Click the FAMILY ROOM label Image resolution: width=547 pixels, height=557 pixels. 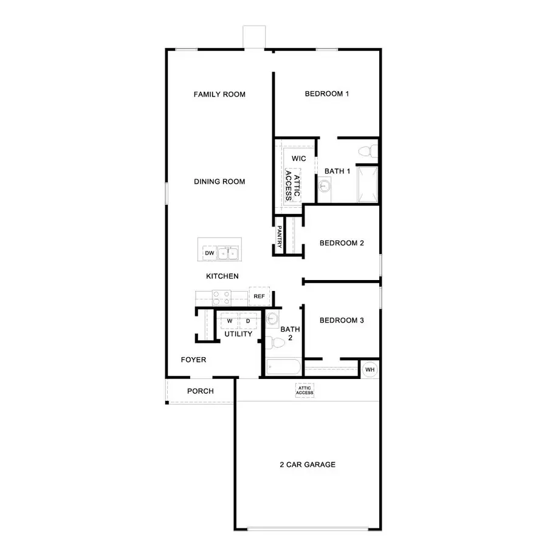(219, 94)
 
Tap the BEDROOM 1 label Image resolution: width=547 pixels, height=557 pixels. (327, 94)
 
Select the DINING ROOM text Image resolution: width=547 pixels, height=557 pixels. (219, 182)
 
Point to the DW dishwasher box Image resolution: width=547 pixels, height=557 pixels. (209, 253)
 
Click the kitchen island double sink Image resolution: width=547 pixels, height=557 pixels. (229, 253)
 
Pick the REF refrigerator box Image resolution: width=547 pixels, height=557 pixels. (260, 296)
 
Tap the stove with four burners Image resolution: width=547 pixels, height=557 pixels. (221, 298)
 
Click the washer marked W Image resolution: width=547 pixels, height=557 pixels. (230, 321)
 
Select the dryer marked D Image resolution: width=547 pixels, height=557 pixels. (248, 321)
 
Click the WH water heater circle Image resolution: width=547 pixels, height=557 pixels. (370, 369)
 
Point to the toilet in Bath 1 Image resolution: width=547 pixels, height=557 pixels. (365, 150)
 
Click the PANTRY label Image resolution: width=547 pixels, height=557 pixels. (279, 236)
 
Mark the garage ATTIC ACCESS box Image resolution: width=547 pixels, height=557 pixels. (304, 390)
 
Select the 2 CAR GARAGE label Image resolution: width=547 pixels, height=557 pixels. (308, 465)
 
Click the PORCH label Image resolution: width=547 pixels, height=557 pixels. (200, 391)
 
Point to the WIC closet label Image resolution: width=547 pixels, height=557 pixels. (298, 159)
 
